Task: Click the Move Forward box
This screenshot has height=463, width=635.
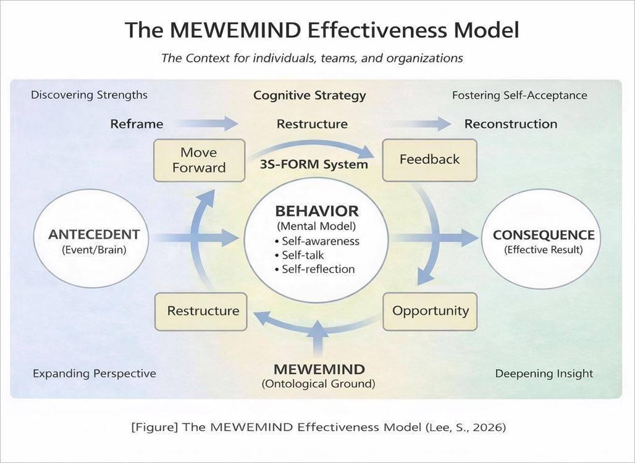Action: click(199, 160)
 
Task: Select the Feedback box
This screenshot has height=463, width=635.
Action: click(429, 160)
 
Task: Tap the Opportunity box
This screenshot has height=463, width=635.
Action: click(430, 311)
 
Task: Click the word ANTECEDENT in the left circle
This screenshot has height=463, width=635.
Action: click(94, 235)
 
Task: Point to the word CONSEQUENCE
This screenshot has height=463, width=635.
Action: click(543, 235)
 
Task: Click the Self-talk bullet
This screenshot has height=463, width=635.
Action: click(303, 255)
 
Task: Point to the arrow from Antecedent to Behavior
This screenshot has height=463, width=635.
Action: click(198, 237)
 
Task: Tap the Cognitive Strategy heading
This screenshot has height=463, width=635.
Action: click(309, 96)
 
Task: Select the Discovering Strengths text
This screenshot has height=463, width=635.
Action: click(89, 95)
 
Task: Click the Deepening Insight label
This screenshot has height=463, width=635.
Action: click(544, 373)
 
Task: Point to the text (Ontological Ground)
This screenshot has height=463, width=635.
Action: click(318, 384)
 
